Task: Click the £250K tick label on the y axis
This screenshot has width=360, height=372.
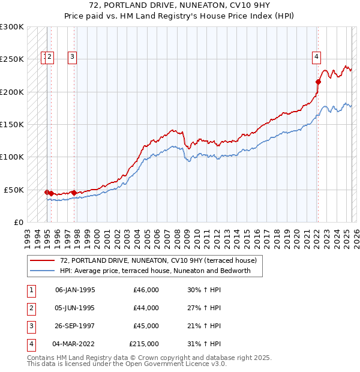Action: pos(12,59)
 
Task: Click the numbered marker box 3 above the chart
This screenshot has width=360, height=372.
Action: pos(72,58)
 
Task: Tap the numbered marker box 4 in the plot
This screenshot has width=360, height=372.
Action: pos(316,58)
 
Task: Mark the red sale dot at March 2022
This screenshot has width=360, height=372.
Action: pos(318,82)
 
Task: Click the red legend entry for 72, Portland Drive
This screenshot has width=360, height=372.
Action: pos(158,260)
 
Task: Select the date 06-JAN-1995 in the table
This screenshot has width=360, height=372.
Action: pos(75,290)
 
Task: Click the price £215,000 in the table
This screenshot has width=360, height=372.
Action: pos(144,344)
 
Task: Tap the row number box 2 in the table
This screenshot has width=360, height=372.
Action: pos(31,308)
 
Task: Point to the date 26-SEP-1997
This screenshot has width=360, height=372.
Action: pos(75,326)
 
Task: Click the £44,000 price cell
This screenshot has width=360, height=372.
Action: pos(146,308)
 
